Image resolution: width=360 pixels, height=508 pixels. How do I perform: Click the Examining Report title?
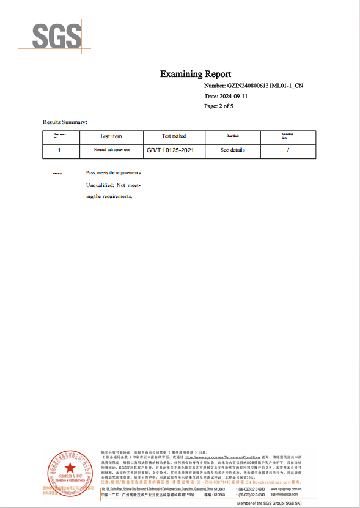coord(196,74)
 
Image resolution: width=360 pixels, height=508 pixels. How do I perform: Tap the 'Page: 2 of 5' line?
coord(218,106)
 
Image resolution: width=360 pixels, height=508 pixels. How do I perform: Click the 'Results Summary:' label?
coord(65,122)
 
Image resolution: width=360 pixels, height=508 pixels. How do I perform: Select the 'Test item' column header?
coord(111,136)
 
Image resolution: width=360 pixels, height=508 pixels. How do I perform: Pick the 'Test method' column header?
coord(174,136)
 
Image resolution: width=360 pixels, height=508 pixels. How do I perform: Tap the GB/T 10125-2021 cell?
coord(174,150)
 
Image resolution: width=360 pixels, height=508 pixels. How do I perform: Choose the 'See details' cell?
coord(232,150)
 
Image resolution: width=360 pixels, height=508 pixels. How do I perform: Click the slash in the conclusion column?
coord(288,150)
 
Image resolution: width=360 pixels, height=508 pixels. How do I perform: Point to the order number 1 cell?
coord(59,150)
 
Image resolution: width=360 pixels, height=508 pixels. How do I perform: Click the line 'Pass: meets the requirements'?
coord(114,173)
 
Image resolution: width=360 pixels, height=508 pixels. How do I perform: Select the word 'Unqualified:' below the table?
coord(100,185)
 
